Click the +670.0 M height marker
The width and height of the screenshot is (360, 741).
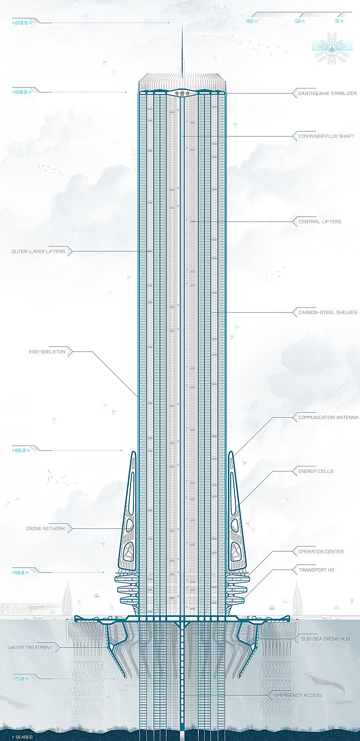pos(22,23)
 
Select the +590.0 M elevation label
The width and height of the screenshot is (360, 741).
pos(21,92)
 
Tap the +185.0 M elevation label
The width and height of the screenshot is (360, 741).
pos(21,451)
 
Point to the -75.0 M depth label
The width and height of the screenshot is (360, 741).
pos(20,679)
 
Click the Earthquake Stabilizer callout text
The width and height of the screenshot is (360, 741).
pos(328,93)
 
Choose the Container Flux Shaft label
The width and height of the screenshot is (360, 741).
pos(326,136)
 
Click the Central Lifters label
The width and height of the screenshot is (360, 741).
pos(320,222)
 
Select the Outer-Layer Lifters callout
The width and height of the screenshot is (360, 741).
pos(38,251)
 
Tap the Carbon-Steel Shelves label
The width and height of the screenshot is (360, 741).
pos(328,312)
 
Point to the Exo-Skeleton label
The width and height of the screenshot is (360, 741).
pos(47,352)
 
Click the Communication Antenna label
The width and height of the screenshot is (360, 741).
pos(328,417)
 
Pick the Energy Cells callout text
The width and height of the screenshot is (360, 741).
pos(316,471)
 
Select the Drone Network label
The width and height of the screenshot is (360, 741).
pos(46,528)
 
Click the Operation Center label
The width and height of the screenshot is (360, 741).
pos(321,552)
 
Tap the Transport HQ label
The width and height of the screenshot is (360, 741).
pos(316,570)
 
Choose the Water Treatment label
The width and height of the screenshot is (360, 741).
pos(31,647)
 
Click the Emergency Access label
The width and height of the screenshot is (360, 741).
pos(298,695)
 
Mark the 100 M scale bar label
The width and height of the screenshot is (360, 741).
pos(252,21)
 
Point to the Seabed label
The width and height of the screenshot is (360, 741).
pos(22,737)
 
